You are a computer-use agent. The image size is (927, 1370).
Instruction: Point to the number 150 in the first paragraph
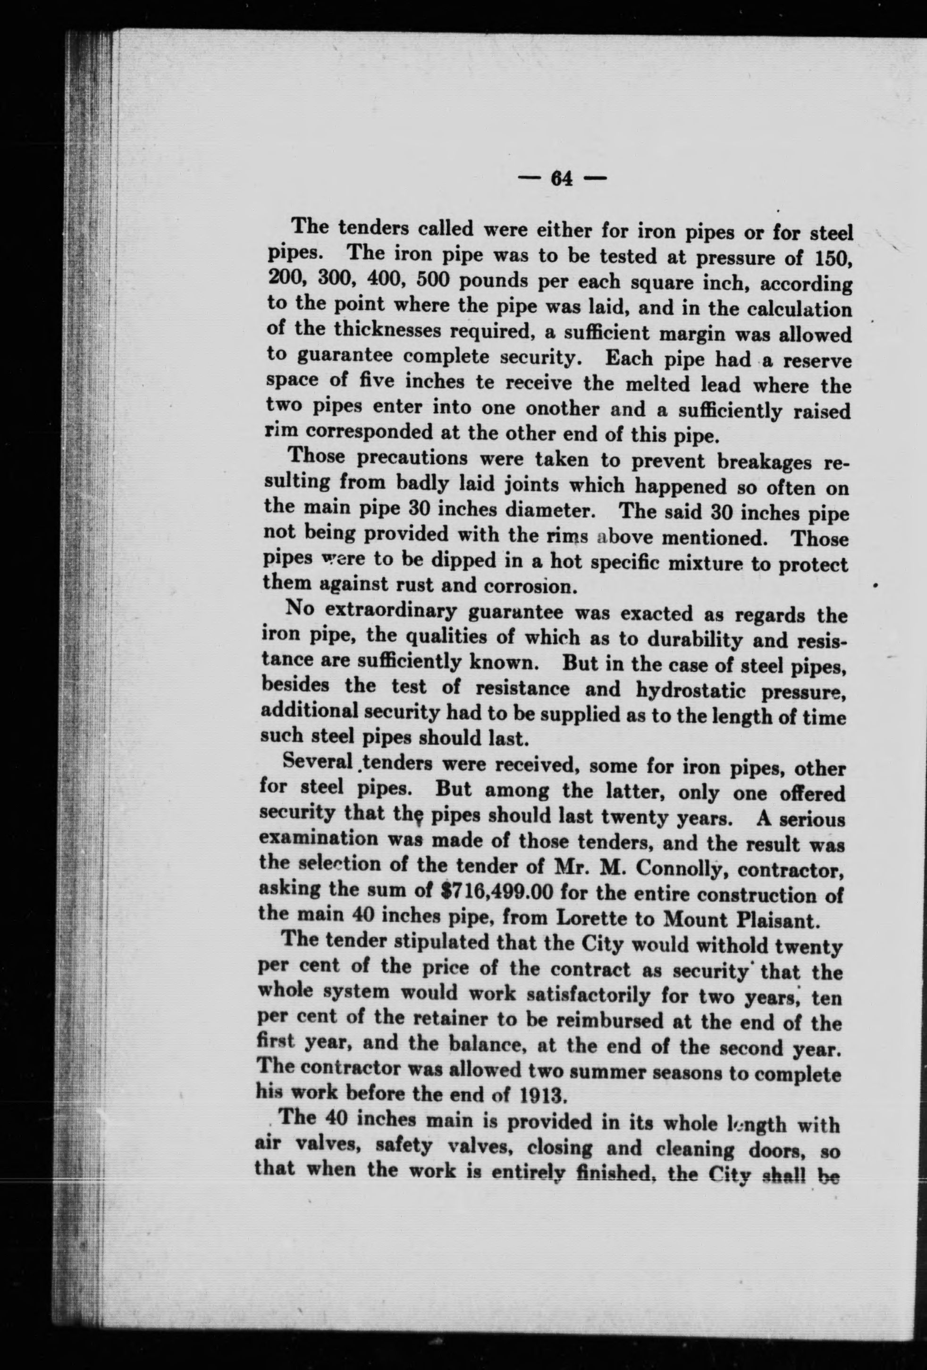(832, 258)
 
